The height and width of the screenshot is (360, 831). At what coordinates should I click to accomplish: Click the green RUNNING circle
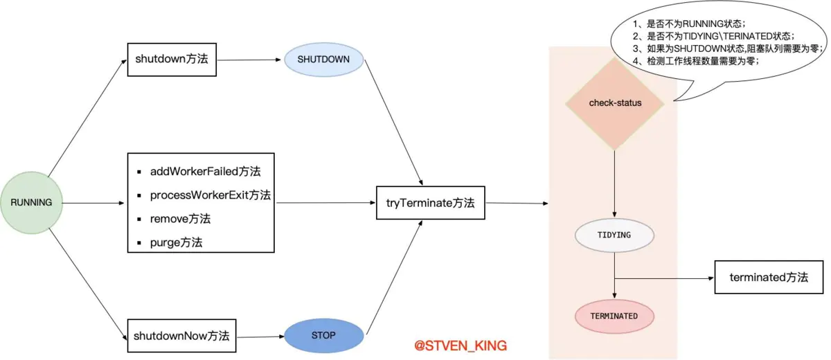(32, 202)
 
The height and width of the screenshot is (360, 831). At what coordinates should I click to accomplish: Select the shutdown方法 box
(172, 60)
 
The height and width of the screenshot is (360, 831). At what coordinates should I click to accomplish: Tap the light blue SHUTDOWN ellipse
(323, 60)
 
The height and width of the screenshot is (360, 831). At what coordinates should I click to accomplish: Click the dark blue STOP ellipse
(323, 336)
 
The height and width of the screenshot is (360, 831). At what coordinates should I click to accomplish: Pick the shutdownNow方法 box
(181, 336)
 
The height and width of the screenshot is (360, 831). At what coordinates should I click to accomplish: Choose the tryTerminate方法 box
(430, 203)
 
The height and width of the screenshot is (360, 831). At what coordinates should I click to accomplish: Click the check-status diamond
(615, 103)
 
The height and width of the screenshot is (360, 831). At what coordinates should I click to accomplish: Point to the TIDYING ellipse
(614, 235)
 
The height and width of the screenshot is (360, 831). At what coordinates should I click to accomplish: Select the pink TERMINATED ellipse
(614, 316)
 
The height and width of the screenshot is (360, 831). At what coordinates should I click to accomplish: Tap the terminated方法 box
(769, 278)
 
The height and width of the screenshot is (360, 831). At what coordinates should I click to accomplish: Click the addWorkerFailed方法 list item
(205, 171)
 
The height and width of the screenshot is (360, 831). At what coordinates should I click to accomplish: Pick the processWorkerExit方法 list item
(211, 195)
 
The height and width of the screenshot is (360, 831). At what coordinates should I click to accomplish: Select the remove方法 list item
(180, 219)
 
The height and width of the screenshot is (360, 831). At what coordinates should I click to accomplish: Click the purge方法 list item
(176, 242)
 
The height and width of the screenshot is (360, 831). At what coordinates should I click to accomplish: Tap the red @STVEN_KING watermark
(461, 345)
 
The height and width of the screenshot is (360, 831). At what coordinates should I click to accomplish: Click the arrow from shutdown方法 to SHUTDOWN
(249, 60)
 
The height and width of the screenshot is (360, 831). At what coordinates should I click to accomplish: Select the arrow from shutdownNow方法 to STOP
(260, 336)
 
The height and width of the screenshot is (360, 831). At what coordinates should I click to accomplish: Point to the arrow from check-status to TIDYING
(614, 184)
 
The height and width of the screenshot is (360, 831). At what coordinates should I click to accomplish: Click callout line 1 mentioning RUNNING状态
(689, 24)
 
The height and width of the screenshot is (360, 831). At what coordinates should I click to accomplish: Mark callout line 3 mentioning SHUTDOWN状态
(728, 48)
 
